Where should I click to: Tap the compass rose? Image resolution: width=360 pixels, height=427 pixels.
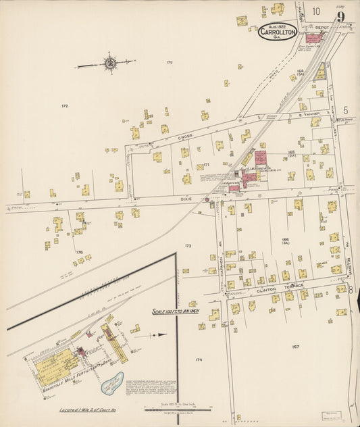109,64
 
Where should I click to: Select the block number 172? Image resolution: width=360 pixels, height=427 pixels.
65,106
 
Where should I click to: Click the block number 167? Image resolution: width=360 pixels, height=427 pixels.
295,347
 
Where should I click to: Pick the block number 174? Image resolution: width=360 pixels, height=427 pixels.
198,360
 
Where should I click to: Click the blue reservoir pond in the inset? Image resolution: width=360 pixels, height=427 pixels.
111,382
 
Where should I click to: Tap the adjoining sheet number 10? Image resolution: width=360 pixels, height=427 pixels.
316,11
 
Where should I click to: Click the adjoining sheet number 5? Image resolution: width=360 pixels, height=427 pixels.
344,109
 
